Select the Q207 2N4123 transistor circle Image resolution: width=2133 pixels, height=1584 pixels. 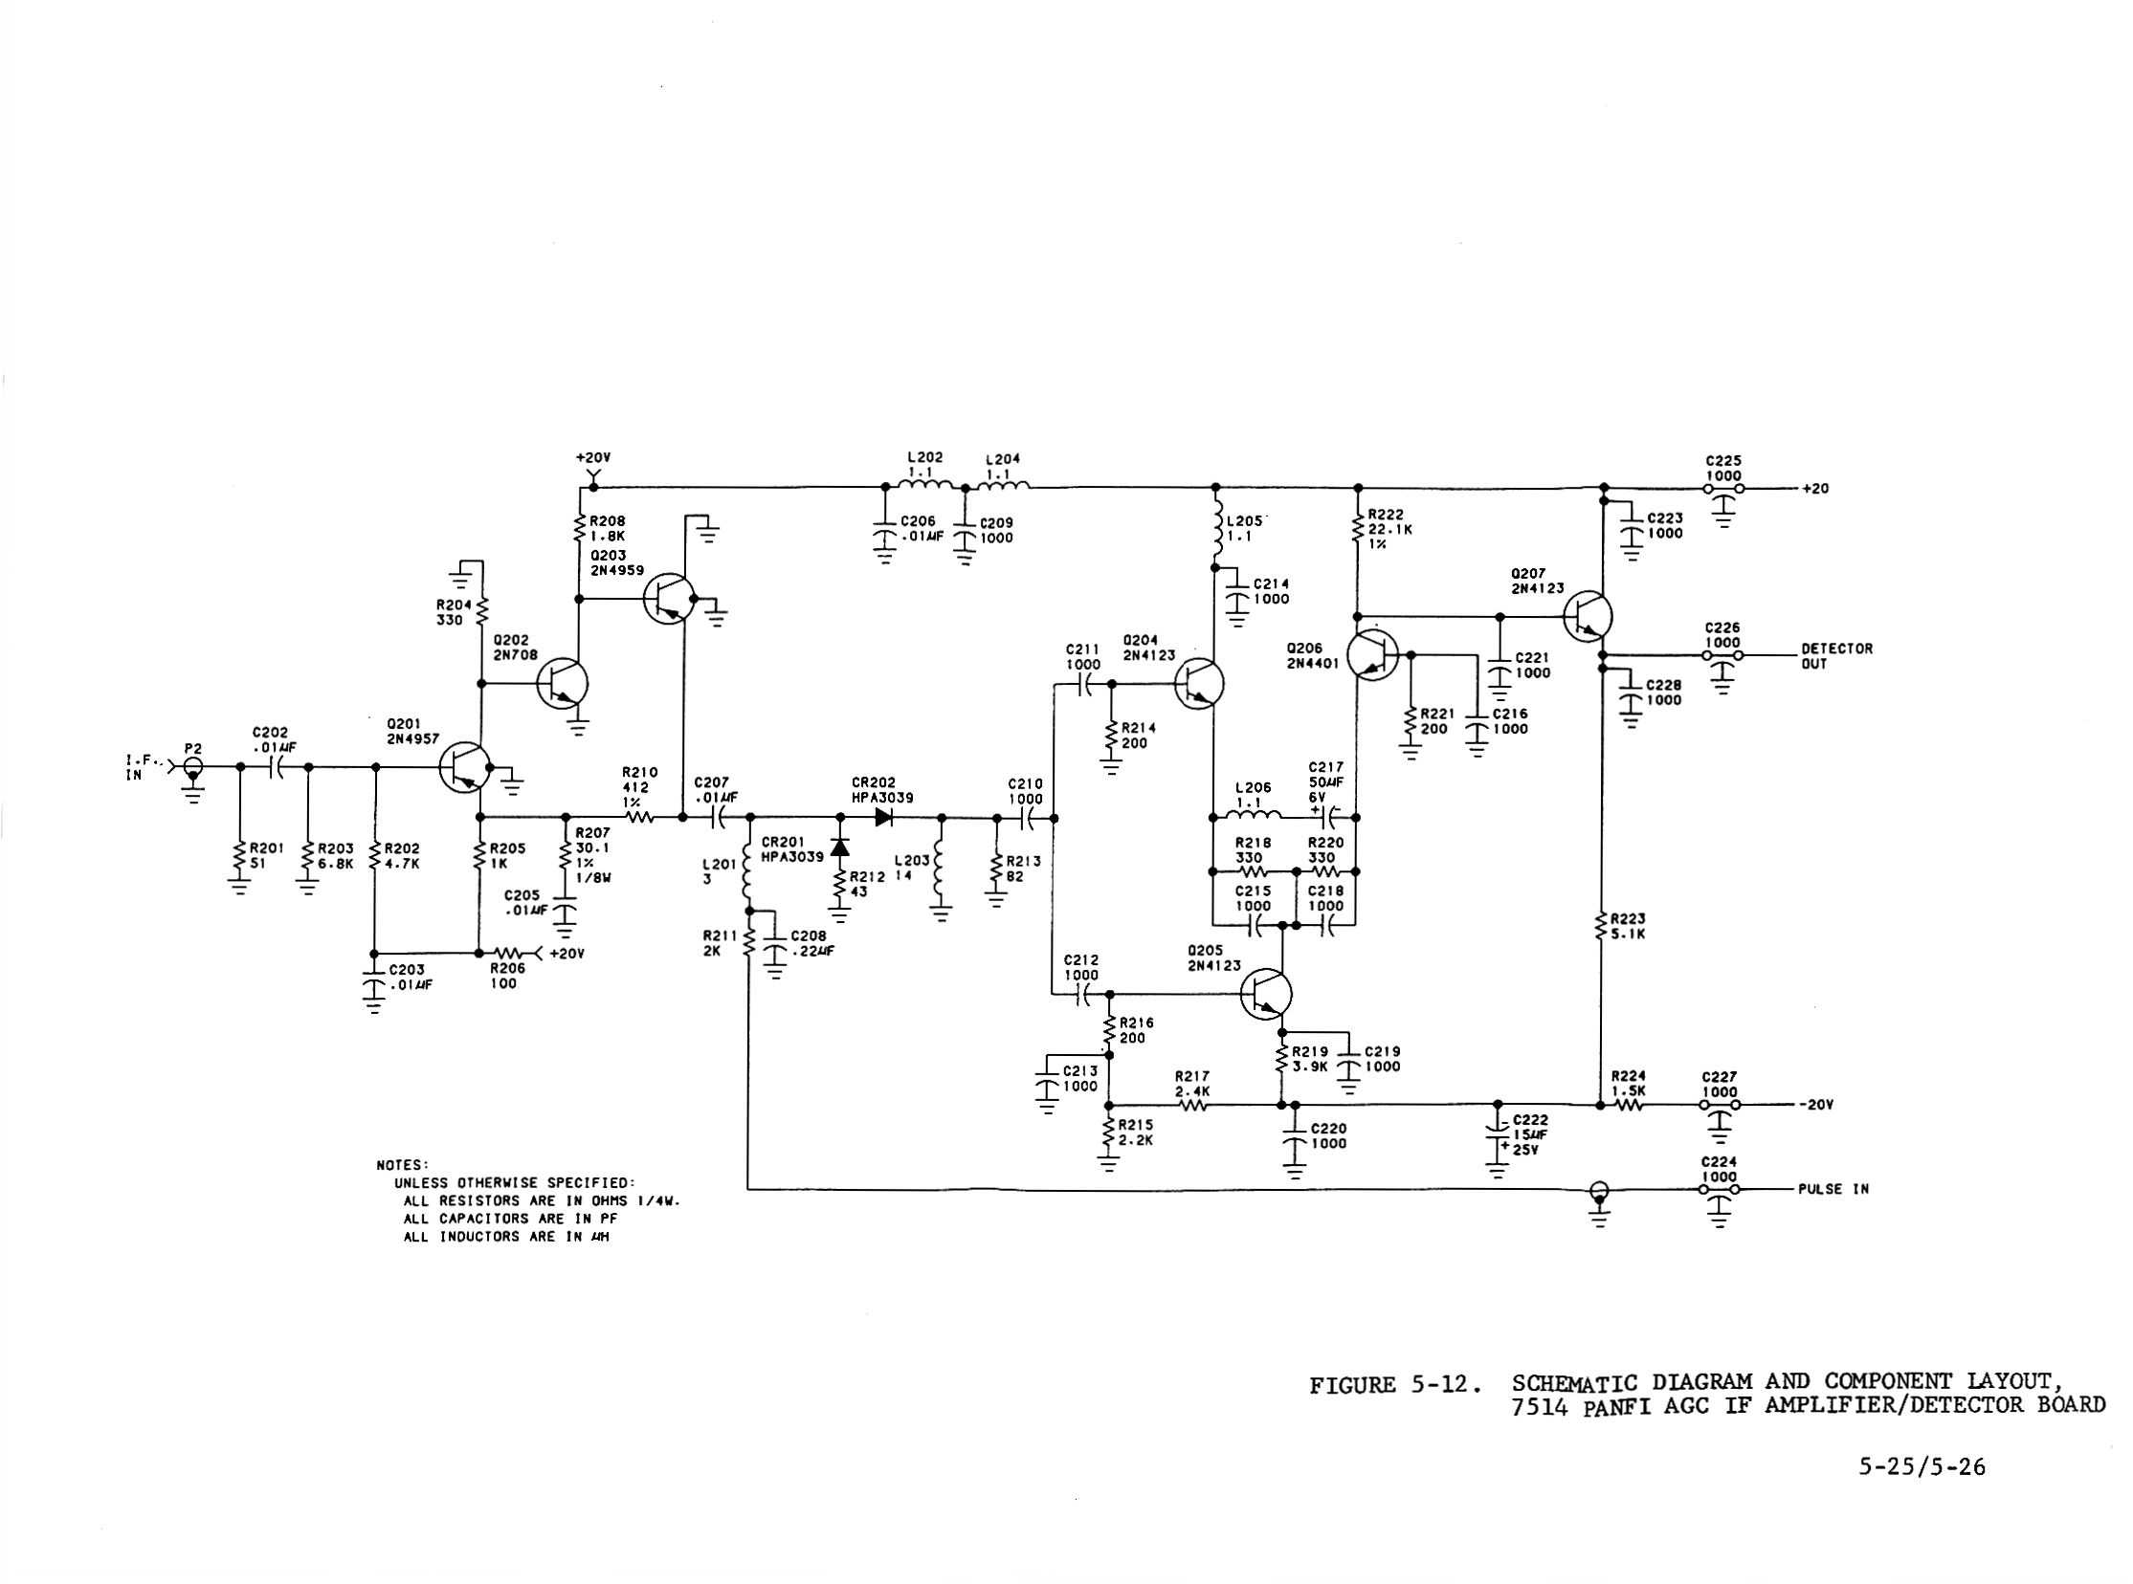tap(1588, 616)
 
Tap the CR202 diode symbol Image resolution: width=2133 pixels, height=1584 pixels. tap(884, 818)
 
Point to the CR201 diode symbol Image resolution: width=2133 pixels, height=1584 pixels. tap(840, 847)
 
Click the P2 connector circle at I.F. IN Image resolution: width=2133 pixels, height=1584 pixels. tap(193, 767)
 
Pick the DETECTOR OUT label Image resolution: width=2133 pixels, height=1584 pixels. tap(1835, 656)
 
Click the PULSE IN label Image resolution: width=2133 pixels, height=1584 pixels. tap(1833, 1189)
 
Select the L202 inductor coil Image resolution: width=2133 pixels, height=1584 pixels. tap(924, 485)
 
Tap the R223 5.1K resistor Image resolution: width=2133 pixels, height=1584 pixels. tap(1601, 927)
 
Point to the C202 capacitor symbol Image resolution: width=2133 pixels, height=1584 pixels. tap(275, 767)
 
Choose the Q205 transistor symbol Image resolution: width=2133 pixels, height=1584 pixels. tap(1266, 994)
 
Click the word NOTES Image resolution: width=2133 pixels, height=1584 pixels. tap(402, 1165)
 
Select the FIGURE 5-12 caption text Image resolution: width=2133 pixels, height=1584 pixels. tap(1395, 1384)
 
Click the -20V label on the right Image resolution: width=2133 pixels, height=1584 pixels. tap(1815, 1104)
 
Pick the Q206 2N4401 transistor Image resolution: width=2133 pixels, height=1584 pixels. tap(1372, 656)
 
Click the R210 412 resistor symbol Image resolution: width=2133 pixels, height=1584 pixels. tap(639, 818)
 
